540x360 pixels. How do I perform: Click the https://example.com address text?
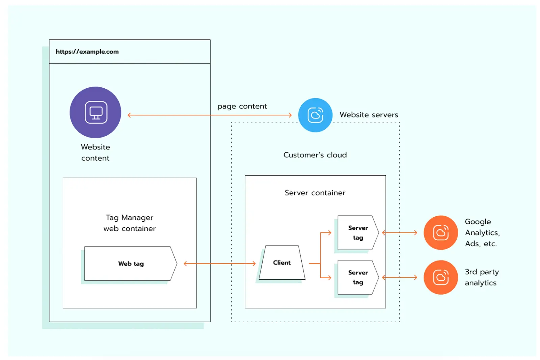87,52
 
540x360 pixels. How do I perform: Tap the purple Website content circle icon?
95,112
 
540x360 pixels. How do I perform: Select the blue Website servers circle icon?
315,115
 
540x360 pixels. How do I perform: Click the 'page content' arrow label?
242,106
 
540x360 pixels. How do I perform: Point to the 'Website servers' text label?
369,115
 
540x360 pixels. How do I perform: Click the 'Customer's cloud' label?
315,155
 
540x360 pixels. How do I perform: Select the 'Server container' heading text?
315,193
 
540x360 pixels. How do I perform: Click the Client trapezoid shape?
282,262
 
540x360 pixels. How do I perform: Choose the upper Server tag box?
358,232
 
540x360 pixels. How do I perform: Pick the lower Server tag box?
358,277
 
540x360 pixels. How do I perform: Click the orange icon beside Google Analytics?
440,232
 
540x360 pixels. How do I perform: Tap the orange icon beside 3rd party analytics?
440,277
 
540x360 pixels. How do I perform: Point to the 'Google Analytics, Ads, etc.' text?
482,232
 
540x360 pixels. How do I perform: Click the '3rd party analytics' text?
481,277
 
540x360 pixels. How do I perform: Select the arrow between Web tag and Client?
219,264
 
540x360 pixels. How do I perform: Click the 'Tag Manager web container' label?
130,223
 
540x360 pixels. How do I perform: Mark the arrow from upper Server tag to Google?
399,232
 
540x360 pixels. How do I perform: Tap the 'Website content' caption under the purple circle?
95,153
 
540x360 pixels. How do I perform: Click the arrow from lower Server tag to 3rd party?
399,277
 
